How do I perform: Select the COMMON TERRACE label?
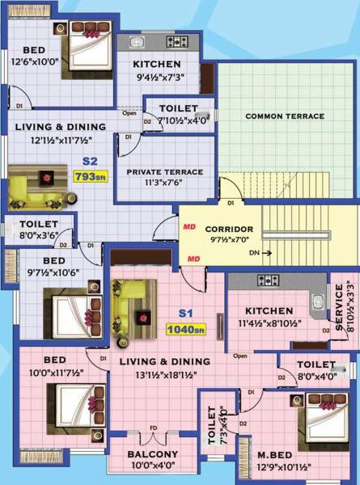pos(286,116)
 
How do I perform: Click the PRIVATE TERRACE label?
pos(164,171)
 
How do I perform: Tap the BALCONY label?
pos(153,454)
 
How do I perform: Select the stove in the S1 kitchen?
pos(268,281)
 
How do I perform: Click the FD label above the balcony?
pos(154,428)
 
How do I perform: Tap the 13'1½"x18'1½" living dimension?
pos(159,374)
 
